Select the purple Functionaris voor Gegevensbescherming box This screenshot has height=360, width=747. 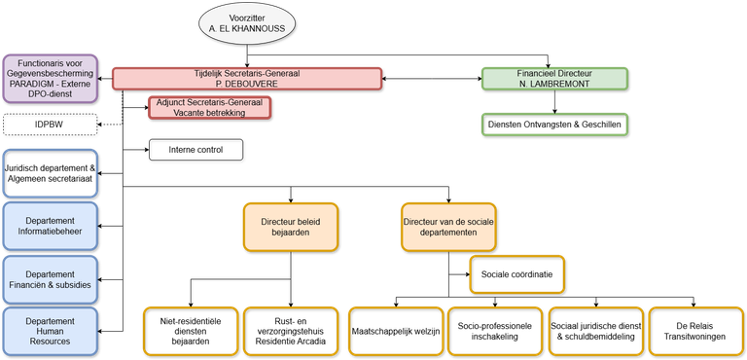pos(49,78)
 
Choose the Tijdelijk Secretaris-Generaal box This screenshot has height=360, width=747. pos(246,78)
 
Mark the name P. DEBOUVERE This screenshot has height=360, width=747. pos(246,85)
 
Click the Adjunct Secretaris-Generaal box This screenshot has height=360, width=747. pos(209,107)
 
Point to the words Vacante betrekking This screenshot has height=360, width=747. pos(209,113)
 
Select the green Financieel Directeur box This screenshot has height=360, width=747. pos(555,78)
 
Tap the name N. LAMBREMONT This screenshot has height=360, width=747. pos(555,85)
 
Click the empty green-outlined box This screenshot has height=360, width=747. pos(555,124)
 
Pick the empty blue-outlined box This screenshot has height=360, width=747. pos(51,172)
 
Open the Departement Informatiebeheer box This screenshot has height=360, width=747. pos(51,226)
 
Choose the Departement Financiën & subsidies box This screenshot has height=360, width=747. pos(51,279)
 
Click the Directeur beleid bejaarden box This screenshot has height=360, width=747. pos(291,227)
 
